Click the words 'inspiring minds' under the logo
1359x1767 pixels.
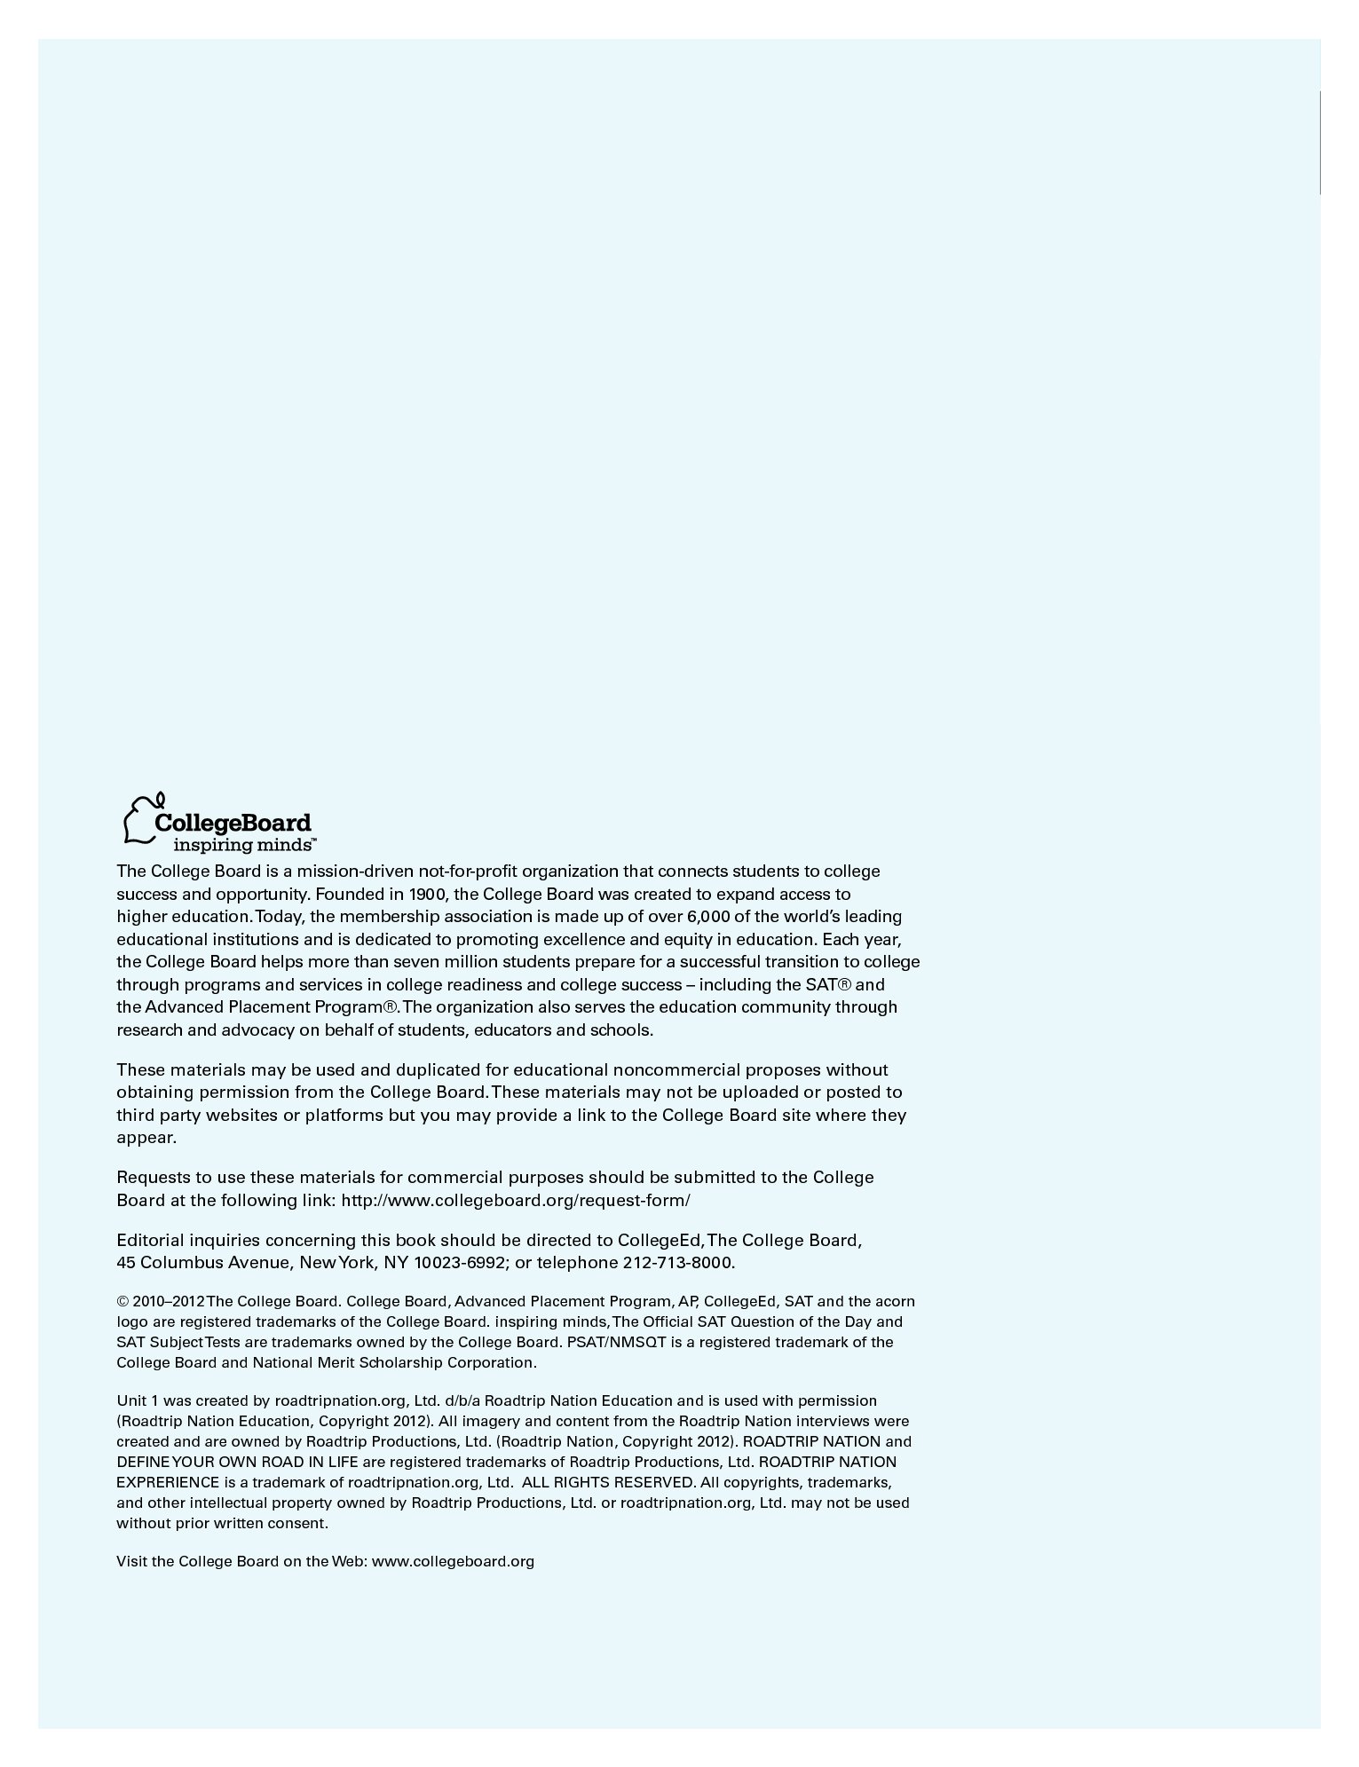click(241, 843)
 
